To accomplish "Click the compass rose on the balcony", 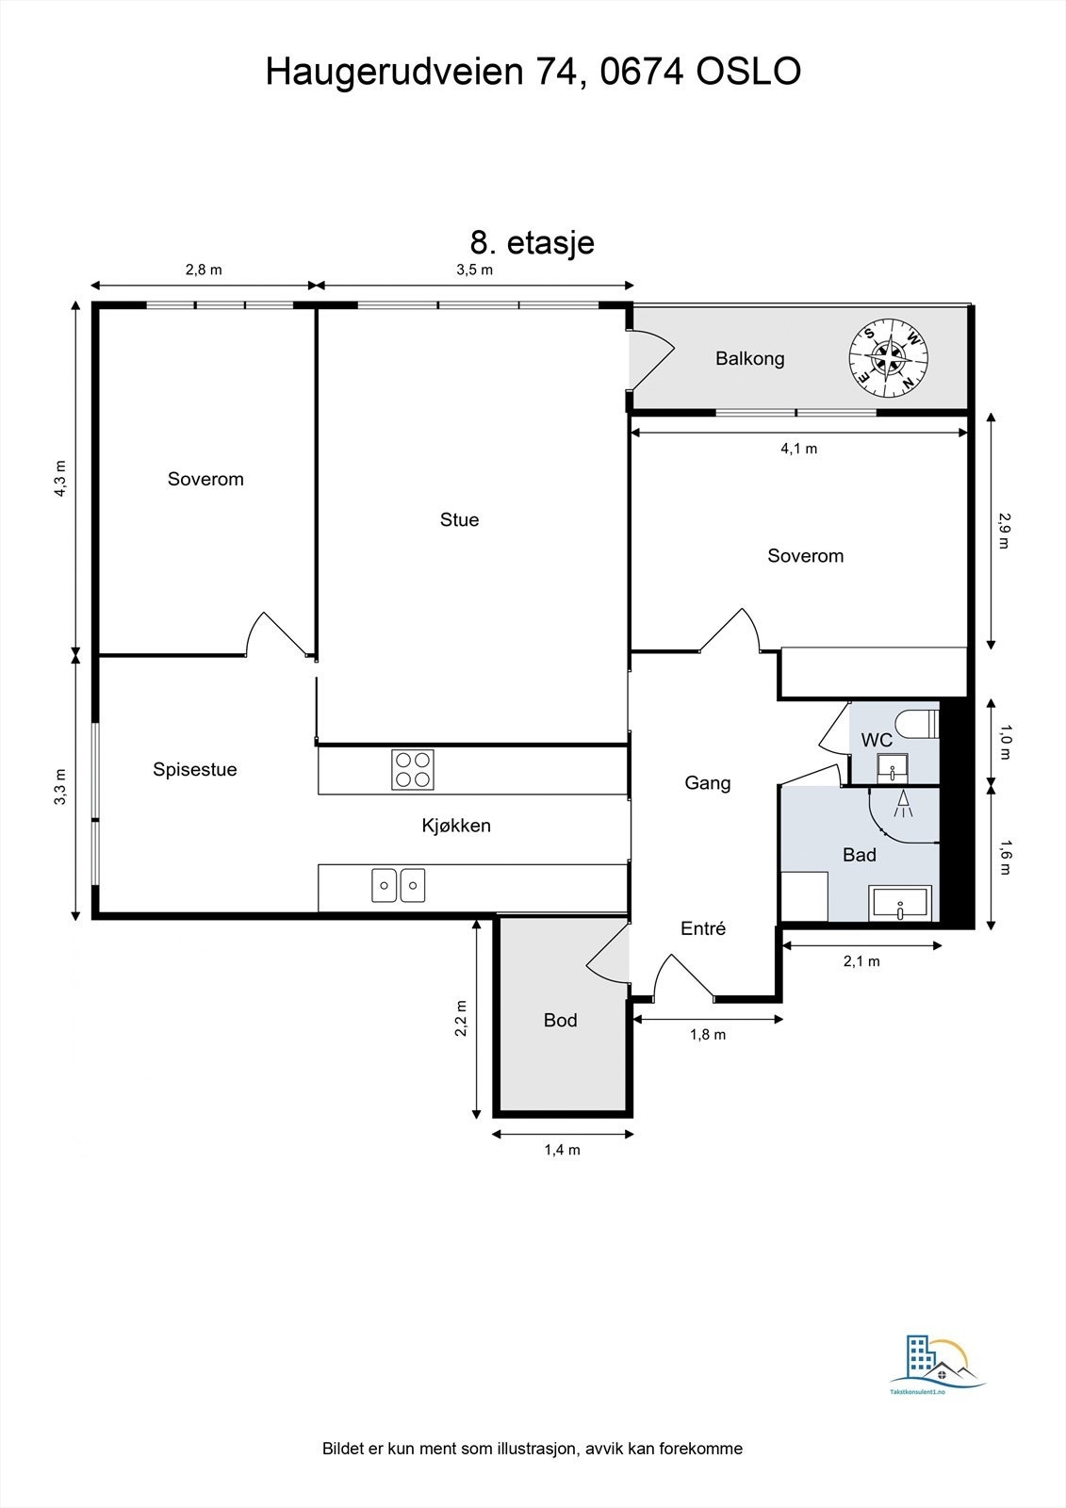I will [889, 357].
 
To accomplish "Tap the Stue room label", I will [459, 519].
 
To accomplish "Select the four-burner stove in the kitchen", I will [413, 769].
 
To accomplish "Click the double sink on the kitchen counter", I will [398, 885].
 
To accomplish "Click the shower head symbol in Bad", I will [904, 804].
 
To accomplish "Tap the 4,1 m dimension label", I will [798, 449].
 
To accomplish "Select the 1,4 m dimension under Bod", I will [562, 1149].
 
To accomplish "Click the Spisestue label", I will [195, 769].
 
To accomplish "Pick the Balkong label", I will [749, 358].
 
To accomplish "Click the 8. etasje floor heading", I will [532, 242].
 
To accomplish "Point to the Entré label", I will [703, 928].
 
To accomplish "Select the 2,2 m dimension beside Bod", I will [461, 1018].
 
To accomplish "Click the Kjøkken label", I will [456, 826].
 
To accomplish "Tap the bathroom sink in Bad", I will [901, 904].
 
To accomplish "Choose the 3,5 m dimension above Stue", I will [474, 270].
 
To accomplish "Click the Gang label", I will [707, 782].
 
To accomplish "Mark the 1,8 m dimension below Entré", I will [708, 1034].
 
